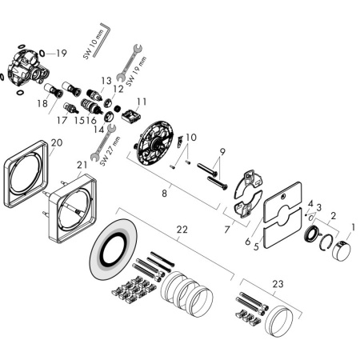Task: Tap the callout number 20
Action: coord(56,143)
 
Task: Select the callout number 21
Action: coord(82,165)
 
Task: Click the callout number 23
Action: coord(278,283)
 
